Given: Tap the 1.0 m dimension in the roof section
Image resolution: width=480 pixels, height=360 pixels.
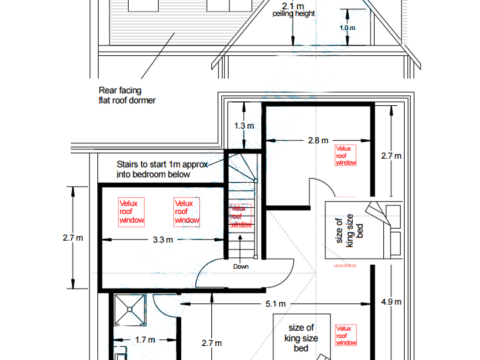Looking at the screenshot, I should tap(346, 28).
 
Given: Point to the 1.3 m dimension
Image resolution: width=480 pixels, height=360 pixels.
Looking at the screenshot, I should tap(244, 126).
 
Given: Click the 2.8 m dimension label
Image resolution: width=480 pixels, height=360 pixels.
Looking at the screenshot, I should tap(317, 141).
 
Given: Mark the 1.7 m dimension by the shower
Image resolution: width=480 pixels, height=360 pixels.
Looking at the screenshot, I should tap(143, 339).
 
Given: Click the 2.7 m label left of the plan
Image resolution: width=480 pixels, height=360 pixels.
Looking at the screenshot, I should tap(71, 238).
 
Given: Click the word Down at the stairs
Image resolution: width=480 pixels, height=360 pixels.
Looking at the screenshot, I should tap(241, 266).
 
